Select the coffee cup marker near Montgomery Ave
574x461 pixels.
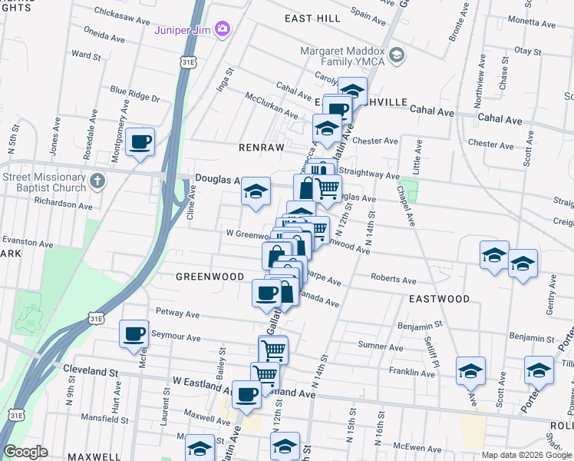click(x=141, y=142)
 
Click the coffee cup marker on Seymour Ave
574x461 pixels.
click(x=134, y=334)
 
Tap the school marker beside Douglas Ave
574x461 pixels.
click(x=256, y=191)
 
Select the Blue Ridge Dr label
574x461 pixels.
click(x=134, y=98)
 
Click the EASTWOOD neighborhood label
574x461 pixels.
click(x=439, y=299)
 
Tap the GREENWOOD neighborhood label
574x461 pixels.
click(x=209, y=277)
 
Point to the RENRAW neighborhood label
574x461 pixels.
click(x=261, y=147)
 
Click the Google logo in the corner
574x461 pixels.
click(x=26, y=452)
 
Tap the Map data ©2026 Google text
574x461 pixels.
click(x=526, y=455)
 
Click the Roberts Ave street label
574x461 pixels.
click(x=393, y=280)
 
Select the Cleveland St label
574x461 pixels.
click(x=91, y=371)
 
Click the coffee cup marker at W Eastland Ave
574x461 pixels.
click(x=246, y=395)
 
